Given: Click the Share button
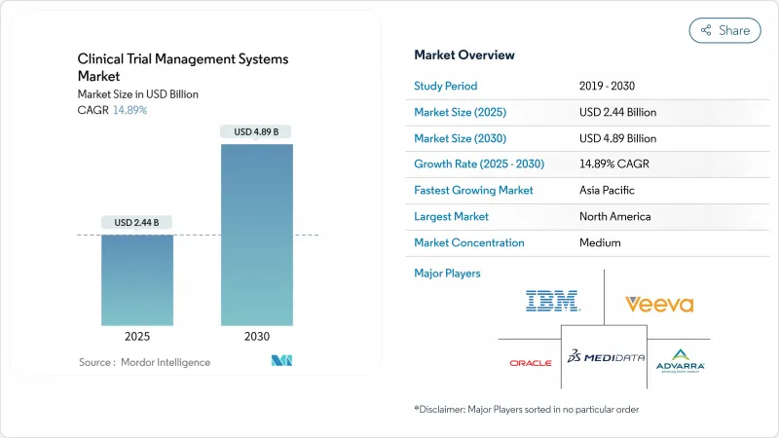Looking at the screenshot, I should pos(725,30).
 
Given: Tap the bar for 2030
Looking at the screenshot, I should pos(257,234).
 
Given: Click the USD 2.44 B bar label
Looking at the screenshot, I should pos(137,223).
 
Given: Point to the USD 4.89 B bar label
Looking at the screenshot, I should pos(257,131).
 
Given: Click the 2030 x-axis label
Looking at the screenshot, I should pos(257,336).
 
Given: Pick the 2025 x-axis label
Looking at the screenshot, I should pos(137,336).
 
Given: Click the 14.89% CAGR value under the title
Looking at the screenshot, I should pos(130,110).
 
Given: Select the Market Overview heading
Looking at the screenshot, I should pos(464,55).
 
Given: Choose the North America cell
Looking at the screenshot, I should pos(614,216).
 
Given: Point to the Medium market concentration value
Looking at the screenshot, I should pos(600,242).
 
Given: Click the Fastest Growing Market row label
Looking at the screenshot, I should pos(473,190).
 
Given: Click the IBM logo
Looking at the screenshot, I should pos(552,301).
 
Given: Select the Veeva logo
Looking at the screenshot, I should pos(659,304).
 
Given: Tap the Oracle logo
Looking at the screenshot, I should pos(531,363).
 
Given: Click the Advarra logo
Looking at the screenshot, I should pos(682,360).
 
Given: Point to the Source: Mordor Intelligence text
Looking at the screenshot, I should pos(144,362).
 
